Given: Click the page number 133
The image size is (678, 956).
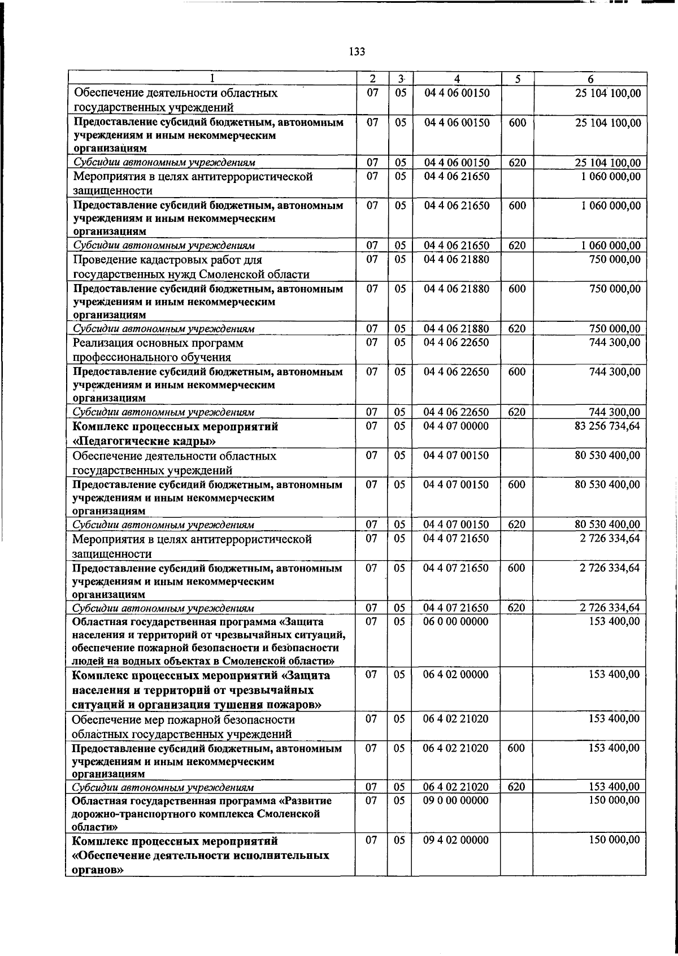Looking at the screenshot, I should (x=357, y=52).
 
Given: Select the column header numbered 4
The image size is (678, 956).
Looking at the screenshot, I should (x=457, y=80).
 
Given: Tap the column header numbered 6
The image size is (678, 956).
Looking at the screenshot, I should (x=589, y=80).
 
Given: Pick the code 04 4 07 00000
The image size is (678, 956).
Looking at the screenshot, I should (x=456, y=426).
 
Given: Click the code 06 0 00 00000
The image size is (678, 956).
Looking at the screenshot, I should (x=456, y=621).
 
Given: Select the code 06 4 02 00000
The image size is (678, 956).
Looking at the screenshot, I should (x=456, y=674).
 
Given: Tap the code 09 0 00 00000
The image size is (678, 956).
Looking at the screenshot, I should (x=456, y=800).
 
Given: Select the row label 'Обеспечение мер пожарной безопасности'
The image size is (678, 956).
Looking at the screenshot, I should (x=184, y=719).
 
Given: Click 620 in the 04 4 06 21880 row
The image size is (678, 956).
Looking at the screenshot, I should (x=517, y=329).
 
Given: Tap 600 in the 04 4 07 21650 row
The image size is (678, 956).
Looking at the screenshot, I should (x=517, y=568).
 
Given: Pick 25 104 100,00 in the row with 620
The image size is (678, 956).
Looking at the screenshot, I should (x=607, y=163).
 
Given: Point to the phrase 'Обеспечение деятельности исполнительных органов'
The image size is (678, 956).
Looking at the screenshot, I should (x=201, y=863).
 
